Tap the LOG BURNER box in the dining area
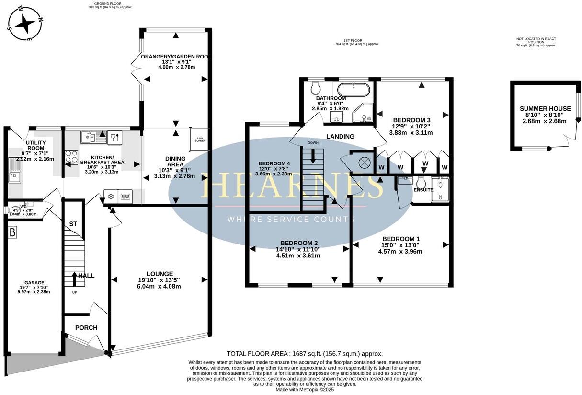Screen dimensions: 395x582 click(200, 139)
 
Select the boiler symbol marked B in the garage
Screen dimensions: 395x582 click(12, 233)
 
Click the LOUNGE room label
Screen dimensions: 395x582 click(160, 274)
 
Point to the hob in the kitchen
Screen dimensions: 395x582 click(71, 157)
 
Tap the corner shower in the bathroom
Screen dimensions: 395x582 click(363, 113)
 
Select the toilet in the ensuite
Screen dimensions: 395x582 click(422, 183)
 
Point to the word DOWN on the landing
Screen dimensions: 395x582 click(313, 143)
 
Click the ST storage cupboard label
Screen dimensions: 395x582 click(73, 224)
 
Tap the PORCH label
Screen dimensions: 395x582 click(86, 328)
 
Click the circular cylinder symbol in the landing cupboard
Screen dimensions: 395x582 click(364, 163)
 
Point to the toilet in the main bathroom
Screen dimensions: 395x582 click(316, 88)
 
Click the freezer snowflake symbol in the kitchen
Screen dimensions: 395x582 click(110, 196)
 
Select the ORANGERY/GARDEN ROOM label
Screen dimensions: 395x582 click(174, 57)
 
